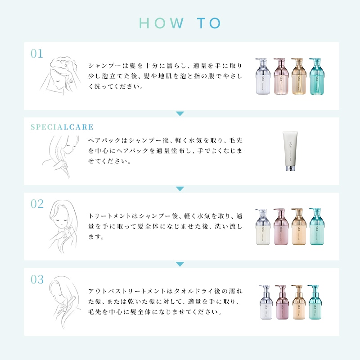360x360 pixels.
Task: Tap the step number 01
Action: pyautogui.click(x=37, y=54)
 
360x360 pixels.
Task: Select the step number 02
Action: pyautogui.click(x=37, y=204)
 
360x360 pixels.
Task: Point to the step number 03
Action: pyautogui.click(x=37, y=279)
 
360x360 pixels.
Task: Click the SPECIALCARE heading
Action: pyautogui.click(x=62, y=127)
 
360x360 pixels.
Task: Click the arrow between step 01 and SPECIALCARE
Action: pyautogui.click(x=180, y=114)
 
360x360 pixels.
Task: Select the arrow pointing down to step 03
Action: pyautogui.click(x=180, y=264)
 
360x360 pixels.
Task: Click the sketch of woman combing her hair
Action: pyautogui.click(x=63, y=299)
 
